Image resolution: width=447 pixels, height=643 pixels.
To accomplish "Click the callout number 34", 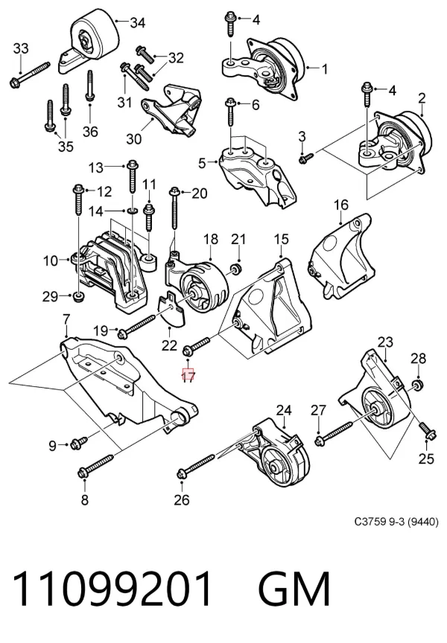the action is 138,22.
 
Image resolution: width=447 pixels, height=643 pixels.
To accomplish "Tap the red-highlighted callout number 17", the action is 188,375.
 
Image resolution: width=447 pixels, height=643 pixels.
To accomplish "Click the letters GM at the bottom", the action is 294,589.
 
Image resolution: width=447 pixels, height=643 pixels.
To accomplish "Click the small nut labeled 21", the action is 236,269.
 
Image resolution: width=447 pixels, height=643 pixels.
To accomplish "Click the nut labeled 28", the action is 418,386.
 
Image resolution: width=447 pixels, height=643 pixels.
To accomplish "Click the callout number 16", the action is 341,205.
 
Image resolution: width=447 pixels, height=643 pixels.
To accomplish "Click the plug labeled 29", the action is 78,295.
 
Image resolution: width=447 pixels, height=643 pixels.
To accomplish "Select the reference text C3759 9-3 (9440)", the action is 396,522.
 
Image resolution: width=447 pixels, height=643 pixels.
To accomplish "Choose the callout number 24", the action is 284,410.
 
